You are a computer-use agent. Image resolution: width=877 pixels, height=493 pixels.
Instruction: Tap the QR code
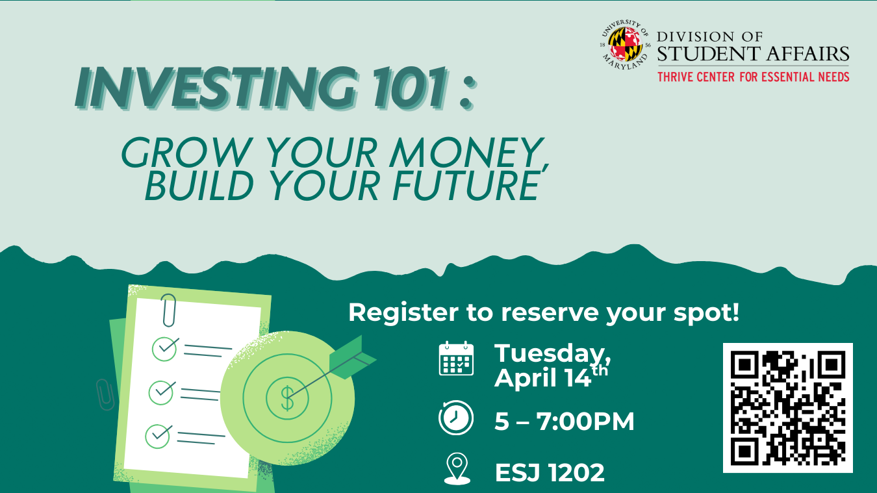[x=787, y=407]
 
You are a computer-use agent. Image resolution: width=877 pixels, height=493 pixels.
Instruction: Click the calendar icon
[x=456, y=359]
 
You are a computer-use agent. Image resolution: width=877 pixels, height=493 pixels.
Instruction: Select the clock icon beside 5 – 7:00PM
[x=456, y=418]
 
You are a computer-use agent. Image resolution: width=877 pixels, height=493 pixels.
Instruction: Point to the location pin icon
[x=457, y=469]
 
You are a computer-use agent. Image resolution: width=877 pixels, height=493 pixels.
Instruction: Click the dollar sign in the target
[x=287, y=398]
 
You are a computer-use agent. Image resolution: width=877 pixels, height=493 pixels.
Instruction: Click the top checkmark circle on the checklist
[x=165, y=348]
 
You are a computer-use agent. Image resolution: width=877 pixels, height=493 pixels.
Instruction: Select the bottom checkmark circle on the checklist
[x=158, y=435]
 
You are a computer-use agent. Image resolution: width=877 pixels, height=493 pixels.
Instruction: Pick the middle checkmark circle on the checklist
[x=162, y=392]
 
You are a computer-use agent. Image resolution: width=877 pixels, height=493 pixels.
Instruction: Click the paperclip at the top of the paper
[x=169, y=310]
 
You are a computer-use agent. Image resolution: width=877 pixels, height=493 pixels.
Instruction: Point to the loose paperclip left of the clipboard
[x=104, y=394]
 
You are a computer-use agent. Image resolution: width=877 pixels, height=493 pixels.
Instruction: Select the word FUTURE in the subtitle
[x=468, y=185]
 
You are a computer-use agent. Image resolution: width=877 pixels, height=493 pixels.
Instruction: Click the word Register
[x=403, y=312]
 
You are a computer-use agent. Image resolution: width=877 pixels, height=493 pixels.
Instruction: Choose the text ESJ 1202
[x=550, y=473]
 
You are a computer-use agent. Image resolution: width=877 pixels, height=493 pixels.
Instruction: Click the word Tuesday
[x=552, y=353]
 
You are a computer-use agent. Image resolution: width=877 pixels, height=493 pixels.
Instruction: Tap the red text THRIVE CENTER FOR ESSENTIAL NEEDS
[x=753, y=77]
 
